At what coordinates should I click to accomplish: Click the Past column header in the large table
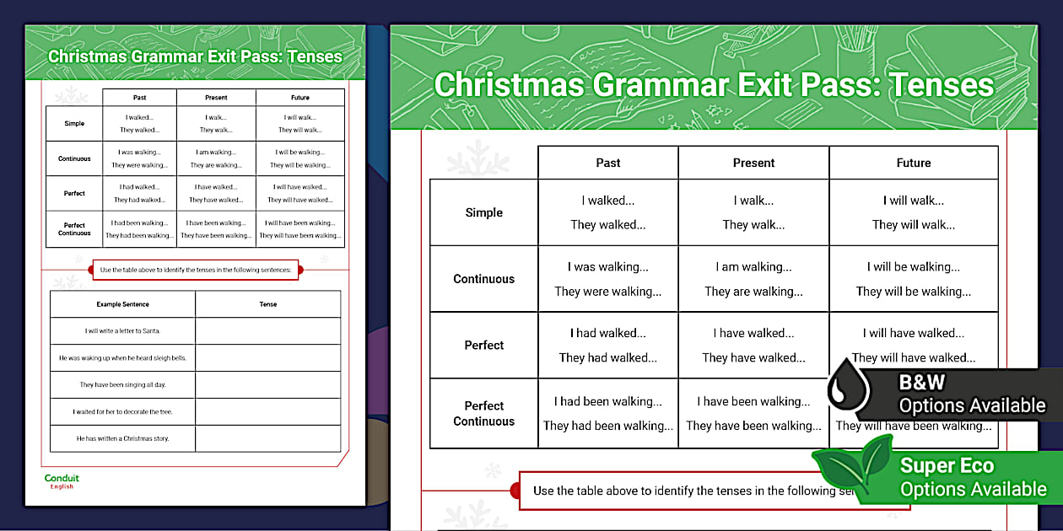coord(607,163)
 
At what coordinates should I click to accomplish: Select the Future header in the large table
coord(913,163)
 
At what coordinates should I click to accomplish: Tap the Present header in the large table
coord(753,163)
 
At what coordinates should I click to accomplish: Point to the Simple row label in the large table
coord(483,212)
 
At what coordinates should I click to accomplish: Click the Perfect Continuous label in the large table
coord(483,413)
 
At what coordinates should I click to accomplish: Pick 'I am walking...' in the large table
coord(753,267)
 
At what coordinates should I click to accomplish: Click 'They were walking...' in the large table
coord(607,292)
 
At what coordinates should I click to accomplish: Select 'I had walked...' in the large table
coord(607,333)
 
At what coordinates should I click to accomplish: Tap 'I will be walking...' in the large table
coord(913,267)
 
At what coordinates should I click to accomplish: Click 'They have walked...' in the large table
coord(753,357)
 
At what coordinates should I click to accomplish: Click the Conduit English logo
coord(62,481)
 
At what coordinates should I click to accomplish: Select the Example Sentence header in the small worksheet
coord(122,304)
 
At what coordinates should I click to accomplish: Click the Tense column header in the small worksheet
coord(267,304)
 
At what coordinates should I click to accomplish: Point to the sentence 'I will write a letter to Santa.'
coord(122,331)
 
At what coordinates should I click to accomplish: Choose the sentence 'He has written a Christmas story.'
coord(122,438)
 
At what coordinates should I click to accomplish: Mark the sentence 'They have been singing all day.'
coord(122,384)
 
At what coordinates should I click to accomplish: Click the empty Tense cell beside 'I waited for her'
coord(267,411)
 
